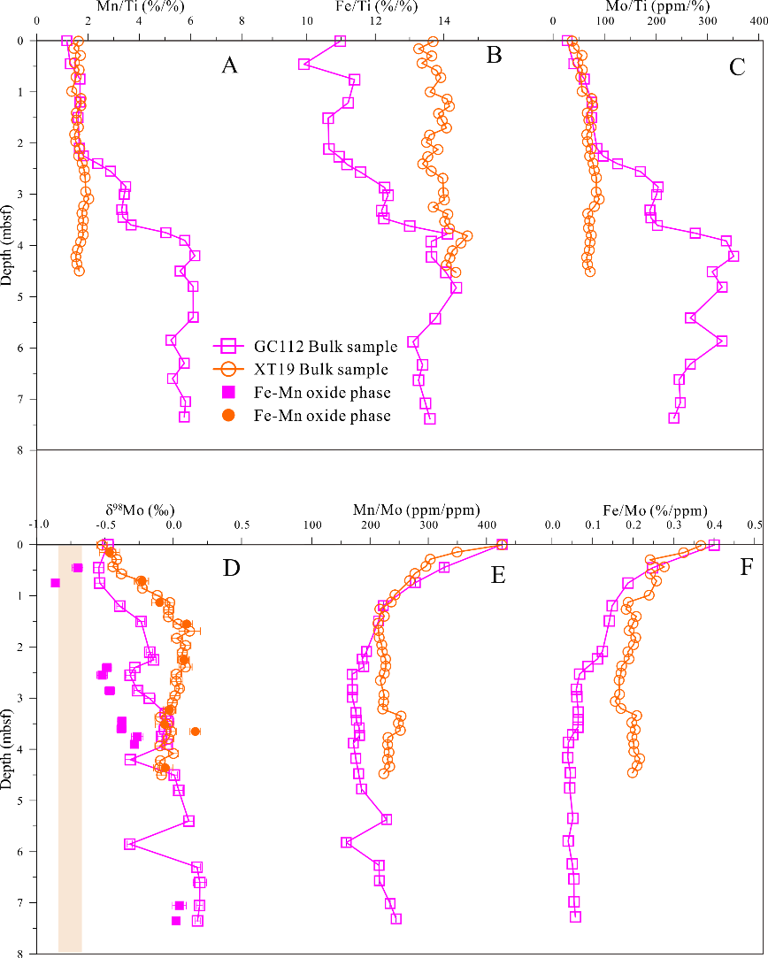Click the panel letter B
pos(495,57)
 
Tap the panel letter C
pos(737,65)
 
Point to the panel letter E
pos(497,577)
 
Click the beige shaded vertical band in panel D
pos(70,752)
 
